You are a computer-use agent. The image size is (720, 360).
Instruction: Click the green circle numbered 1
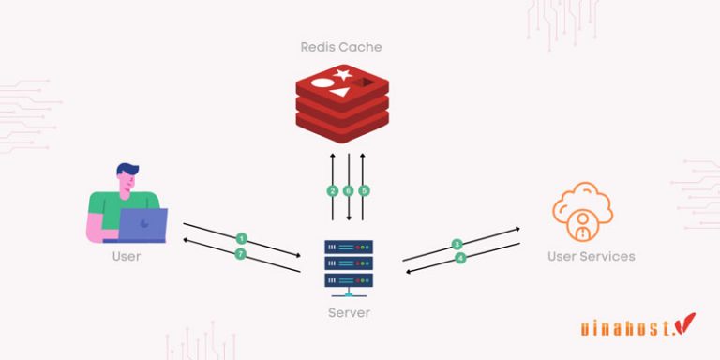(x=242, y=239)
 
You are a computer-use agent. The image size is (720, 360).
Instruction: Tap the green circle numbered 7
(x=240, y=254)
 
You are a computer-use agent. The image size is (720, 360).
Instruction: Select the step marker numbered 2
(x=332, y=190)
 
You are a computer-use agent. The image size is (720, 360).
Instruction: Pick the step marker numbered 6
(x=348, y=190)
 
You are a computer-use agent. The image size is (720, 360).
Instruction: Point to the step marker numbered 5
(x=364, y=190)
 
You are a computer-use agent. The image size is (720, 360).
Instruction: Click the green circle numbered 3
(x=457, y=244)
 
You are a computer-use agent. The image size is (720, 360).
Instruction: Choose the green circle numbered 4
(x=460, y=258)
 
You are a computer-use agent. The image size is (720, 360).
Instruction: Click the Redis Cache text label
(x=341, y=46)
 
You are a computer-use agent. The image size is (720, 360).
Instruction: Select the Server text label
(x=349, y=312)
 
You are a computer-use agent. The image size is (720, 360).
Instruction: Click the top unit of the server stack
(x=349, y=247)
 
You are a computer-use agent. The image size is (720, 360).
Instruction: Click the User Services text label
(x=592, y=256)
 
